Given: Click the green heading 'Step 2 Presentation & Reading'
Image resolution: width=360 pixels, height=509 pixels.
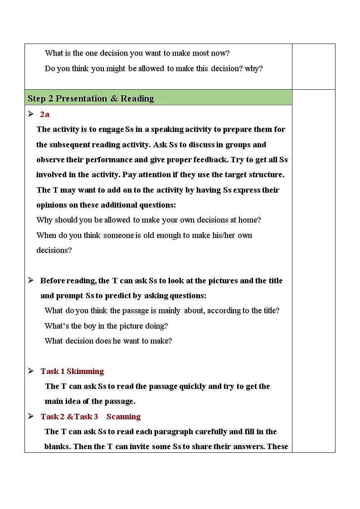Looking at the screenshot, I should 91,99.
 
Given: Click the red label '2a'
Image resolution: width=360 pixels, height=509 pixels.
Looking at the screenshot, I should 44,114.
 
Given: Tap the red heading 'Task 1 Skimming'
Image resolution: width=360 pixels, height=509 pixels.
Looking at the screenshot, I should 72,371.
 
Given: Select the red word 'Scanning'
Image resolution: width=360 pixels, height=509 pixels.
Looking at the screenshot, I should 123,417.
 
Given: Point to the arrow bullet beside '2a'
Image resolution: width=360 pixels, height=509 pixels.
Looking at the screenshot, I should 31,114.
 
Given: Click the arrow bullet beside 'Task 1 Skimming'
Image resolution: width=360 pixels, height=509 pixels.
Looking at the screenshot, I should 31,371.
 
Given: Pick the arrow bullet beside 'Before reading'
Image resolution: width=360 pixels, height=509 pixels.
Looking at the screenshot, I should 31,280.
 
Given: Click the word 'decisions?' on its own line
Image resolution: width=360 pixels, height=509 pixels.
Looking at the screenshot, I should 54,250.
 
